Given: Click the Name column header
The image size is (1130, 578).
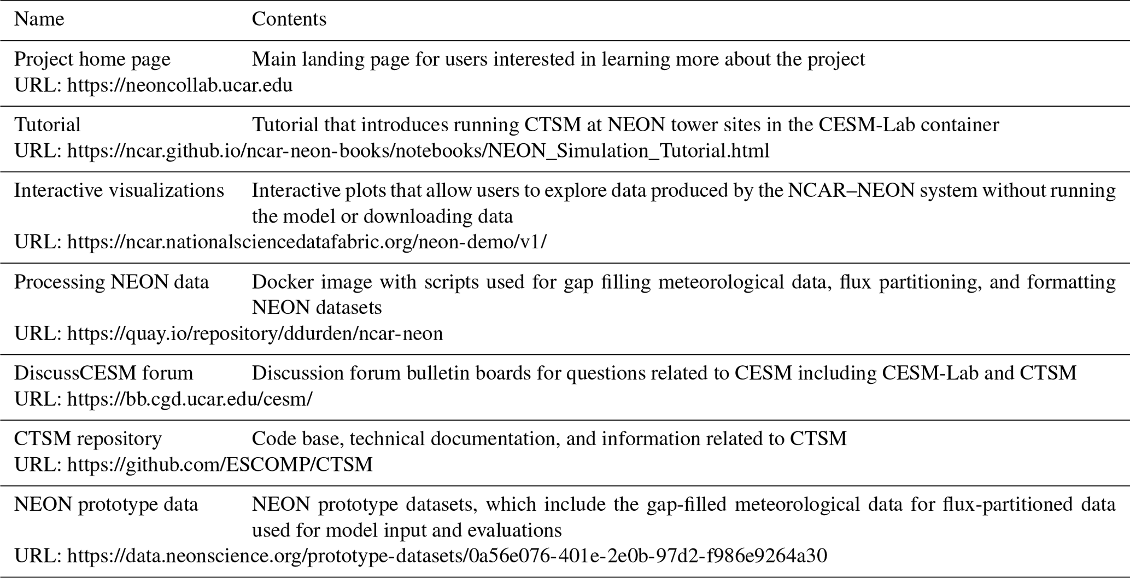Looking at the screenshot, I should [x=39, y=19].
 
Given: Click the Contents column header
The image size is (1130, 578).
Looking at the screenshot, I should [x=289, y=19].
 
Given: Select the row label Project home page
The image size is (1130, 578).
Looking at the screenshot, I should [x=92, y=59].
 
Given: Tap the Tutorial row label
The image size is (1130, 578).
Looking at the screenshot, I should [x=47, y=125].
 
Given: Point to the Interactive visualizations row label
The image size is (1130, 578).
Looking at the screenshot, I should [x=119, y=190].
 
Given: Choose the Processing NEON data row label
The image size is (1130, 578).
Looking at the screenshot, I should [x=111, y=282].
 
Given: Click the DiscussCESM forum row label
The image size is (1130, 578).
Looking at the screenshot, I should [x=103, y=373].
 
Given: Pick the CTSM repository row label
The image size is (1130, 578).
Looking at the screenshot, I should [x=87, y=439].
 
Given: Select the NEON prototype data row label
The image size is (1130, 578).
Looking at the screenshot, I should [x=106, y=504].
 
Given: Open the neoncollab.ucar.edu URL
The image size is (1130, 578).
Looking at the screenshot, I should [x=180, y=85].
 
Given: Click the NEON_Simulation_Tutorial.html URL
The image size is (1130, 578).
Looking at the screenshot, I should [x=418, y=151].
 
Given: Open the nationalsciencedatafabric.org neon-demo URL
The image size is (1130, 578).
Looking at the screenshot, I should [x=307, y=242].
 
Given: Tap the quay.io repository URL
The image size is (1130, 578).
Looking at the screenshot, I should [x=255, y=334].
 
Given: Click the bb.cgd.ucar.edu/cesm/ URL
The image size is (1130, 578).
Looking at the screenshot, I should [x=190, y=399].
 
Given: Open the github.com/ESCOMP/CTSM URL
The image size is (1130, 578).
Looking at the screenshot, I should [x=220, y=465].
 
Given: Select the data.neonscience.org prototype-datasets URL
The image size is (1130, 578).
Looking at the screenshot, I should [x=447, y=556].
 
